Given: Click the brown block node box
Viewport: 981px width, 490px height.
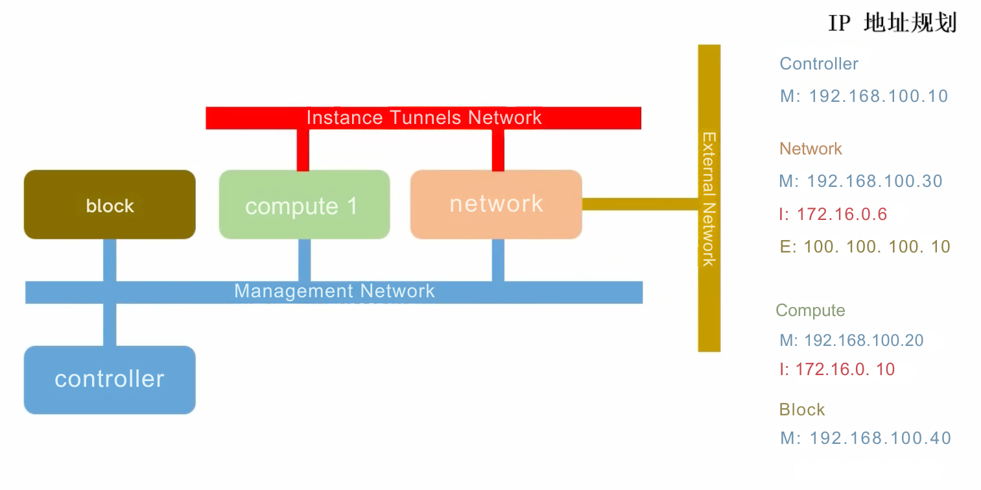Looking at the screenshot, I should pyautogui.click(x=110, y=204).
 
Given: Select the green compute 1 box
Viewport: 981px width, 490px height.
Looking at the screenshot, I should pyautogui.click(x=304, y=204).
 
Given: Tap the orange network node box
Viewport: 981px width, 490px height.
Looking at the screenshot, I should pyautogui.click(x=496, y=204).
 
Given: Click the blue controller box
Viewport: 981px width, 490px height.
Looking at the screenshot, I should pyautogui.click(x=110, y=379).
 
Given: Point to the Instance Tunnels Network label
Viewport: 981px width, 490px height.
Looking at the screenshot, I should pyautogui.click(x=423, y=117).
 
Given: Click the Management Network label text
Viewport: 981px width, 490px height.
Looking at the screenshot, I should pyautogui.click(x=334, y=291).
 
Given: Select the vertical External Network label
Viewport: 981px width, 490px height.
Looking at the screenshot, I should pyautogui.click(x=709, y=199).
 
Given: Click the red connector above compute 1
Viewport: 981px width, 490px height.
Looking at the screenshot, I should pyautogui.click(x=303, y=149).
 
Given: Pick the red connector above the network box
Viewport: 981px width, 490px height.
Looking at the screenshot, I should pyautogui.click(x=498, y=149).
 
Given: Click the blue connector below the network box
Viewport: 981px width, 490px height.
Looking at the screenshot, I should pyautogui.click(x=498, y=260).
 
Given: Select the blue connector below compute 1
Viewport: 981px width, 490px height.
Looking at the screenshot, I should pyautogui.click(x=304, y=260).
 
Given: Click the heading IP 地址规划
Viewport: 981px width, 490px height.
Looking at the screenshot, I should pyautogui.click(x=892, y=23).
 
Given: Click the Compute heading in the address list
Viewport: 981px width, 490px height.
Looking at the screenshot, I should pyautogui.click(x=810, y=310).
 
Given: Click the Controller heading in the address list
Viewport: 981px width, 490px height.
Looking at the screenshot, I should pyautogui.click(x=818, y=64).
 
